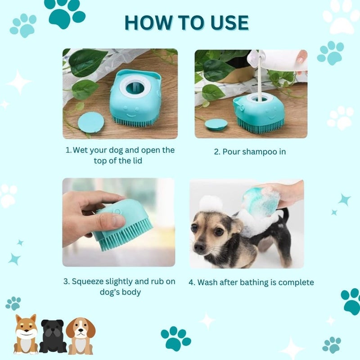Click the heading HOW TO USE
coord(186,22)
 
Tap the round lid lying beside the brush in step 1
coord(90,122)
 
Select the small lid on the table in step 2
coord(216,124)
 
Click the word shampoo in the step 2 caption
coord(256,152)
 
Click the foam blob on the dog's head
coord(211,203)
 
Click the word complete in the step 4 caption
coord(296,283)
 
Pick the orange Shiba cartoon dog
coord(26,334)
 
